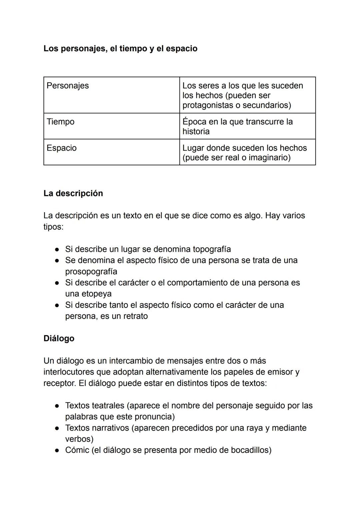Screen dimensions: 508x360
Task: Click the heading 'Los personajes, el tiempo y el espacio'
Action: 120,49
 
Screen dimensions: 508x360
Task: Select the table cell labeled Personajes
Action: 68,86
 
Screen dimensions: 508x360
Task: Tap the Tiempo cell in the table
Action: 60,122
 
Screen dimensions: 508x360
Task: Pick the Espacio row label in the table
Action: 61,148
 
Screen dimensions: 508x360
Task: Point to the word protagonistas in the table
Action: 211,105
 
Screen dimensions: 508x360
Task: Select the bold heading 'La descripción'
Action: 73,194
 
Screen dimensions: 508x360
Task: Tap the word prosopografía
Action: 91,271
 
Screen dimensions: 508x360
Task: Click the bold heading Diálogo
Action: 59,338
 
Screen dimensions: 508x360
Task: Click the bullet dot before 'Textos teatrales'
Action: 57,406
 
